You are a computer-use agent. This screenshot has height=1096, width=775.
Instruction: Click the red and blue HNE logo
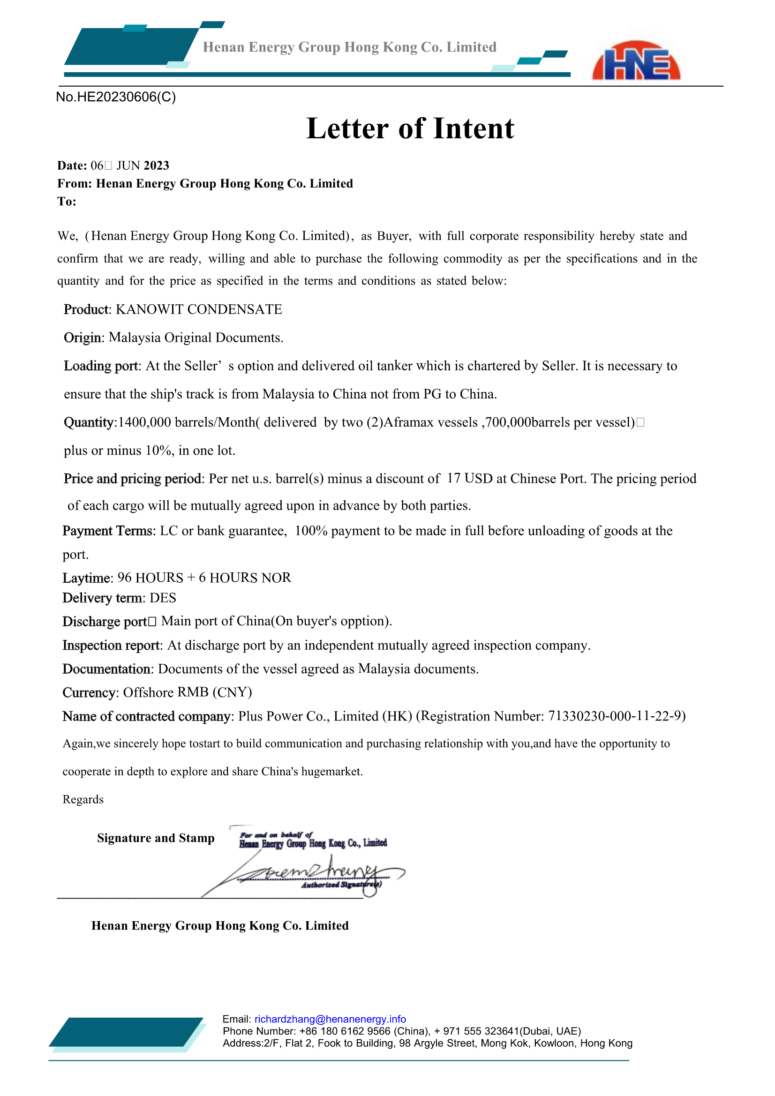[x=636, y=61]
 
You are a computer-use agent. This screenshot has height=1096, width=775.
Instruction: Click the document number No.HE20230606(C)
[x=116, y=97]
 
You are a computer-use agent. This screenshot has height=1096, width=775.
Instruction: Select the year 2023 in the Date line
[x=156, y=165]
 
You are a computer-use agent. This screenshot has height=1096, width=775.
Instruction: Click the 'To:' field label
[x=67, y=202]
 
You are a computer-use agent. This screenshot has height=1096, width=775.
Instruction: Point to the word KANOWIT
[x=150, y=309]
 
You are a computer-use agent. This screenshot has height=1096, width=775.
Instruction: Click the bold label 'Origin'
[x=82, y=338]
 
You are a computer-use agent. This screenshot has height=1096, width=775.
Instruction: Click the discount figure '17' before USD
[x=454, y=478]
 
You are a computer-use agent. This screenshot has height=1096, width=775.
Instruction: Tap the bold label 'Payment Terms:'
[x=109, y=531]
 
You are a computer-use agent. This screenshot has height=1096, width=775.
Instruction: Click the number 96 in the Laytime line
[x=125, y=578]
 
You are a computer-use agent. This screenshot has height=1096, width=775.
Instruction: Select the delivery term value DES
[x=163, y=598]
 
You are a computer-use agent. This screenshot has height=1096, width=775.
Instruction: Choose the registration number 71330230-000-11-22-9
[x=615, y=716]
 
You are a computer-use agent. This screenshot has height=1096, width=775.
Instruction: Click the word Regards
[x=83, y=799]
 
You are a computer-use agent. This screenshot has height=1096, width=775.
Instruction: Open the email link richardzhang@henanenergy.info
[x=330, y=1019]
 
